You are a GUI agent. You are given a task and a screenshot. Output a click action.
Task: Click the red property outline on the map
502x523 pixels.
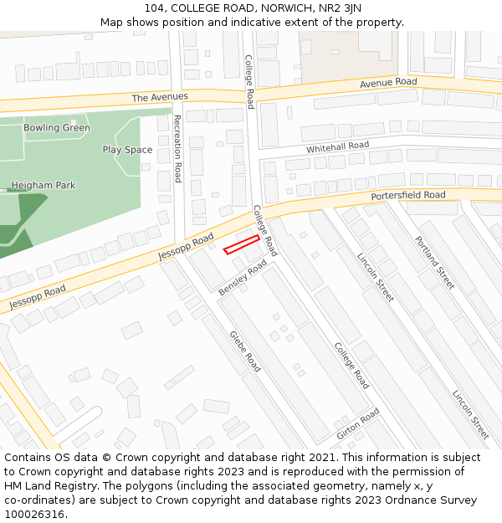tap(242, 244)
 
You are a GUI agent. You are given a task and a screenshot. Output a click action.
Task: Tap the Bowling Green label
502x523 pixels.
tap(57, 128)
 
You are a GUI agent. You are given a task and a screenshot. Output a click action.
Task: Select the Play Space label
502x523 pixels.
tap(127, 150)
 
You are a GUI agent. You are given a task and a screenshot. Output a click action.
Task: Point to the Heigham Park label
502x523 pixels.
tap(43, 185)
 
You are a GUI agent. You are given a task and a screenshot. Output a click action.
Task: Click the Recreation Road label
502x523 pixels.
tap(177, 149)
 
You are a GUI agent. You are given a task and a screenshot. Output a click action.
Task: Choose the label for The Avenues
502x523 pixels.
tap(160, 97)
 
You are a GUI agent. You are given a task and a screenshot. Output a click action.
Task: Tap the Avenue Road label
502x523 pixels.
tap(388, 83)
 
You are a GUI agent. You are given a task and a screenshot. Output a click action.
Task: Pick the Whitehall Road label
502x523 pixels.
tap(337, 146)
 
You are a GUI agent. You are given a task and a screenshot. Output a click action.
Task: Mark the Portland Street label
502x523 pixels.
tap(434, 262)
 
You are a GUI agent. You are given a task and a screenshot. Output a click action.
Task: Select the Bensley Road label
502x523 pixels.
tap(243, 277)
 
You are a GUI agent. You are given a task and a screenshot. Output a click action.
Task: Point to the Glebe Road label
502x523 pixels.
tap(245, 351)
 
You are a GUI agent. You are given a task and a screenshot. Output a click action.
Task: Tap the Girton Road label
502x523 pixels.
tap(358, 424)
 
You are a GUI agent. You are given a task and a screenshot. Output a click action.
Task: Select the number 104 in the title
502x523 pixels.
tap(155, 8)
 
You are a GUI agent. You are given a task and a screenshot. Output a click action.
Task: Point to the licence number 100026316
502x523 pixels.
tap(35, 514)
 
